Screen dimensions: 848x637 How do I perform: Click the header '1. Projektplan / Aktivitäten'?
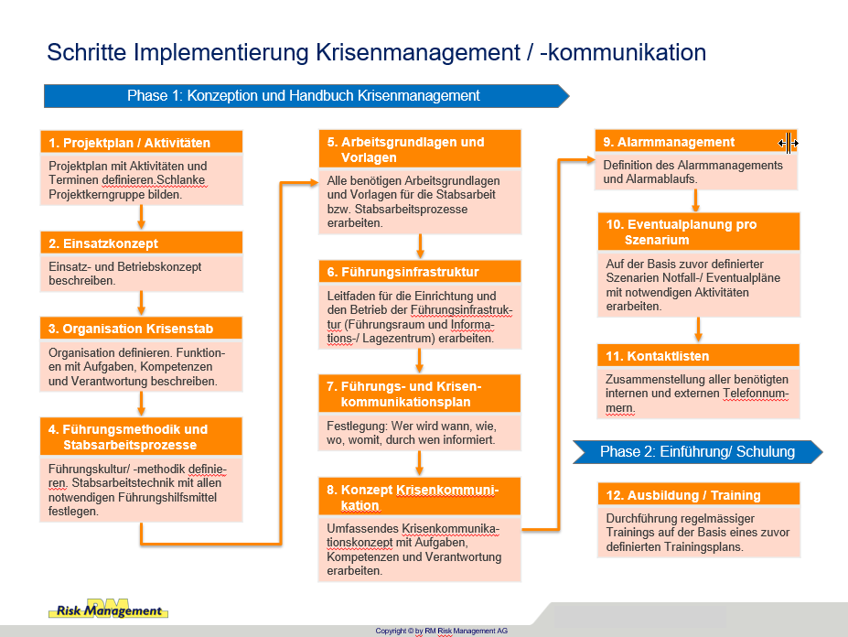(141, 143)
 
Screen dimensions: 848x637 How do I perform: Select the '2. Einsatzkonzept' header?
(141, 243)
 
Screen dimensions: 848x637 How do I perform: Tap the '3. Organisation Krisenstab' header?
(141, 329)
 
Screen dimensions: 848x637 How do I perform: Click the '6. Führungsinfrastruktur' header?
(420, 272)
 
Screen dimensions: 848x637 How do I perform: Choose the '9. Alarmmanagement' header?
(696, 142)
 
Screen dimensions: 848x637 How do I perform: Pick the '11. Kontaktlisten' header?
(699, 356)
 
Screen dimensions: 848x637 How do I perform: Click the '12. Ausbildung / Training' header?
(699, 494)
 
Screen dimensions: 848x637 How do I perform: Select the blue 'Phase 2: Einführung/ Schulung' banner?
(698, 452)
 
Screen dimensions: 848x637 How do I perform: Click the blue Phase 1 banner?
(306, 96)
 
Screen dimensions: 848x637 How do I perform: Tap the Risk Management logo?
(109, 610)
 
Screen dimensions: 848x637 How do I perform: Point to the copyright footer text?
(441, 631)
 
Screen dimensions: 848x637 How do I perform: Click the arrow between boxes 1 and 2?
(141, 217)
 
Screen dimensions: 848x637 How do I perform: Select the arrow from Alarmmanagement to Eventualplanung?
(696, 200)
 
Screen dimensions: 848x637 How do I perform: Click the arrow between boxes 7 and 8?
(419, 463)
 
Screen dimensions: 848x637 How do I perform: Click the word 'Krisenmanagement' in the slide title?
(418, 53)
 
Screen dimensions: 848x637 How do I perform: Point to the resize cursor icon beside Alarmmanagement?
(788, 143)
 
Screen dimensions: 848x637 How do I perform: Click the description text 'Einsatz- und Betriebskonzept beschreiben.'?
(125, 274)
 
